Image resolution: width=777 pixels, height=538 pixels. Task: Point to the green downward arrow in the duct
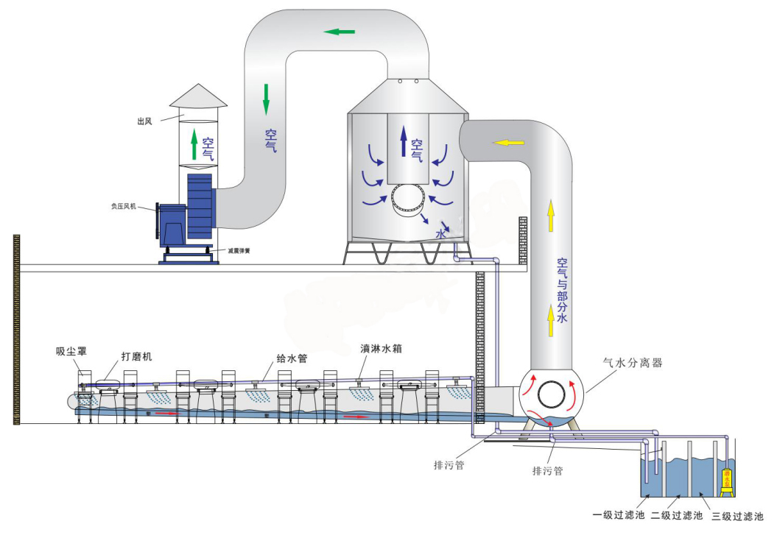[x=266, y=99]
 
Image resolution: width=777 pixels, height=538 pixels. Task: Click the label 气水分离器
[x=633, y=363]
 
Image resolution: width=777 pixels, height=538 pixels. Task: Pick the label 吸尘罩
[x=71, y=351]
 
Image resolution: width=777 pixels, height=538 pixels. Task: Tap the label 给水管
[x=291, y=358]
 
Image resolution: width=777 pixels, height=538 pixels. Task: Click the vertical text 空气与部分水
[x=563, y=291]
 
